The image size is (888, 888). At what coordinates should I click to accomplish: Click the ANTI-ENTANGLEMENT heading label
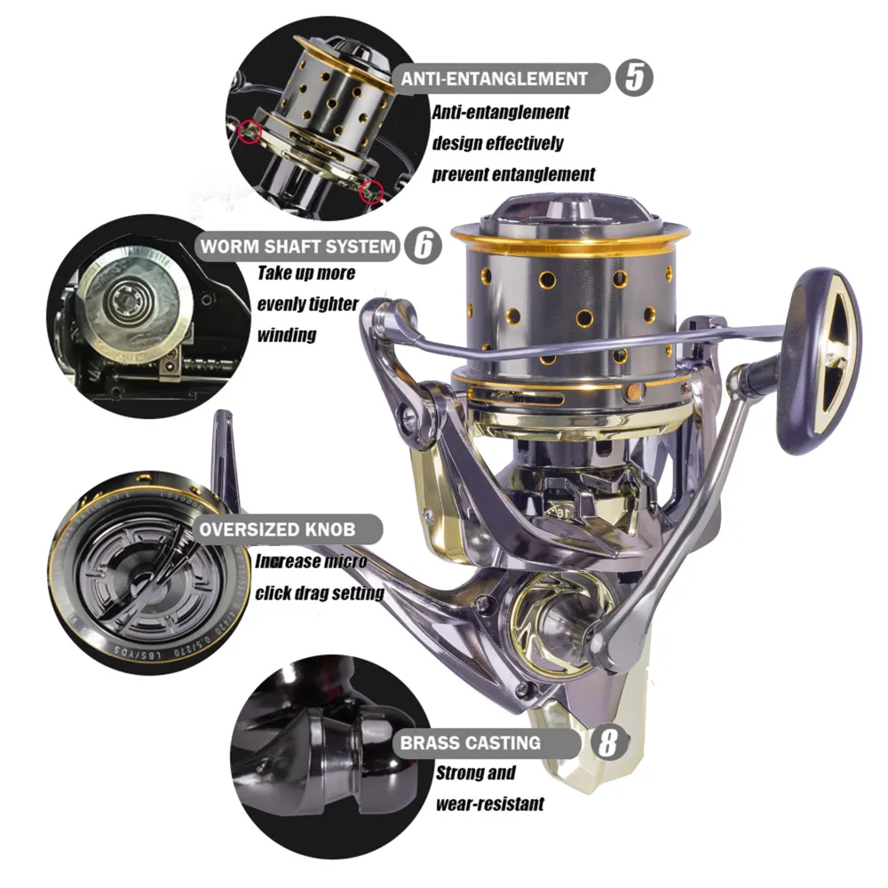click(495, 78)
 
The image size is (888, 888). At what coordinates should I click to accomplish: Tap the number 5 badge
click(634, 78)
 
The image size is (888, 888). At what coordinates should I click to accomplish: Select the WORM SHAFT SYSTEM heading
click(297, 246)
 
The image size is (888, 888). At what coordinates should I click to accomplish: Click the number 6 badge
click(424, 246)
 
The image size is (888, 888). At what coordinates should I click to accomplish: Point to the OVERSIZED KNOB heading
click(277, 530)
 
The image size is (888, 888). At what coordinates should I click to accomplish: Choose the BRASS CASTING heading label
click(482, 742)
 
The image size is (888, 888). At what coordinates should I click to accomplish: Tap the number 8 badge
click(607, 742)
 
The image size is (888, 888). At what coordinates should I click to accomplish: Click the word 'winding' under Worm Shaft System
click(287, 336)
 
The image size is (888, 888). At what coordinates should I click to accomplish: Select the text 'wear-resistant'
click(489, 805)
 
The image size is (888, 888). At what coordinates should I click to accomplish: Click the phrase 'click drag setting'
click(320, 592)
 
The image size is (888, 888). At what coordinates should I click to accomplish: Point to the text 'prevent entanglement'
click(513, 173)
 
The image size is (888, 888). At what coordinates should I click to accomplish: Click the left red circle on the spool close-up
click(250, 131)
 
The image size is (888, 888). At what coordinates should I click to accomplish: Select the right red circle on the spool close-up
click(373, 189)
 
